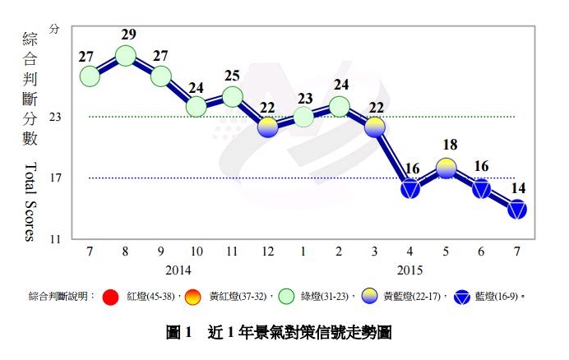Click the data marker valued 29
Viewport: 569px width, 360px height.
126,56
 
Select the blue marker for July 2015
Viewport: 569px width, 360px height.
517,210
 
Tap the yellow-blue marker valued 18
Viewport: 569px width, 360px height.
446,168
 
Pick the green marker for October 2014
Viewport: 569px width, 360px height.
197,107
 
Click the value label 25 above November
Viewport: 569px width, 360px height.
232,76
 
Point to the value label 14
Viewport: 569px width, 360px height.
518,188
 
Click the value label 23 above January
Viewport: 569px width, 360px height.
303,99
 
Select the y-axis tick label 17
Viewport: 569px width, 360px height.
56,178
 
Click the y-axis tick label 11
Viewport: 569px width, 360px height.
56,239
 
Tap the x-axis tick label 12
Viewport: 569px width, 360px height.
268,252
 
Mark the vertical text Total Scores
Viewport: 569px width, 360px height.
30,202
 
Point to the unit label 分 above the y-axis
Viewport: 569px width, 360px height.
55,28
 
